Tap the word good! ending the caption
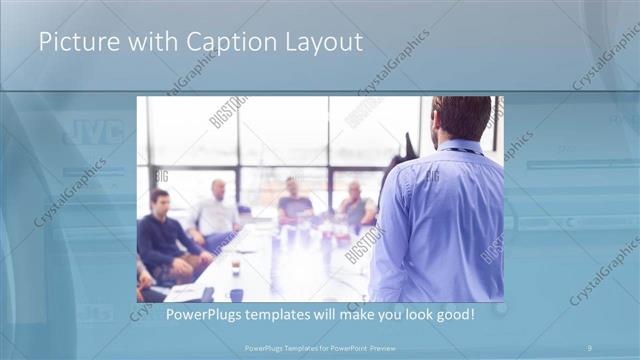[452, 315]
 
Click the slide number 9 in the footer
[588, 347]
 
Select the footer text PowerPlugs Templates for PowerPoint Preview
[319, 347]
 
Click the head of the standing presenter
[461, 117]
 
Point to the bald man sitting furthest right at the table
[355, 205]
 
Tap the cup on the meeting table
[235, 267]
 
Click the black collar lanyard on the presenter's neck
[461, 150]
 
